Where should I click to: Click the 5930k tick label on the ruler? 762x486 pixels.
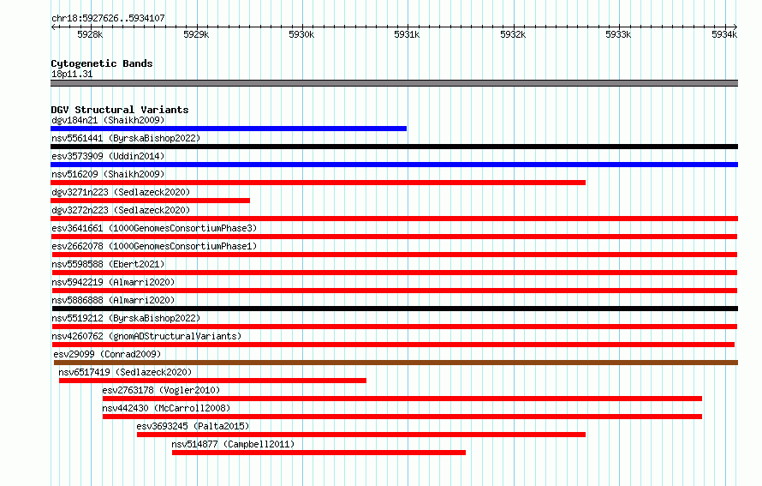(301, 34)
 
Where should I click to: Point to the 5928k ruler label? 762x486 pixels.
(90, 34)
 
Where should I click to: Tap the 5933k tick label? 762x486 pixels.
(618, 34)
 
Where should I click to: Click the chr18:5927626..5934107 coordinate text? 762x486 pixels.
(109, 19)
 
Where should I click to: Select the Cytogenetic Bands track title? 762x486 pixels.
(102, 63)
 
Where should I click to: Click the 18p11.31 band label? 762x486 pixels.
(72, 74)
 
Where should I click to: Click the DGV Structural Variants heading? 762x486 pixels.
(120, 110)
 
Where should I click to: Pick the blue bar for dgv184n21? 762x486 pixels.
(229, 129)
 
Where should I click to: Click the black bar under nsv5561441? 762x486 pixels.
(394, 147)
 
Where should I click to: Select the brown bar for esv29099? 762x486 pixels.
(396, 363)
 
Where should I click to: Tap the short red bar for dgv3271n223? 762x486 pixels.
(150, 201)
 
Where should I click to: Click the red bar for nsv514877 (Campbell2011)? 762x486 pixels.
(318, 453)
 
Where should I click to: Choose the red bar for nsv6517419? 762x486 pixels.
(212, 381)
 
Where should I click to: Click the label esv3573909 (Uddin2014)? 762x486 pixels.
(108, 156)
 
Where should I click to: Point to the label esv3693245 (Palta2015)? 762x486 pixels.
(193, 426)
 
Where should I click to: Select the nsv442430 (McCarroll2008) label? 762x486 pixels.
(166, 408)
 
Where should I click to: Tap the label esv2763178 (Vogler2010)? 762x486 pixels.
(161, 390)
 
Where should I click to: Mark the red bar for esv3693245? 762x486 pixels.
(361, 435)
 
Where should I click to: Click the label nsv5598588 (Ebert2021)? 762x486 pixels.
(108, 264)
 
